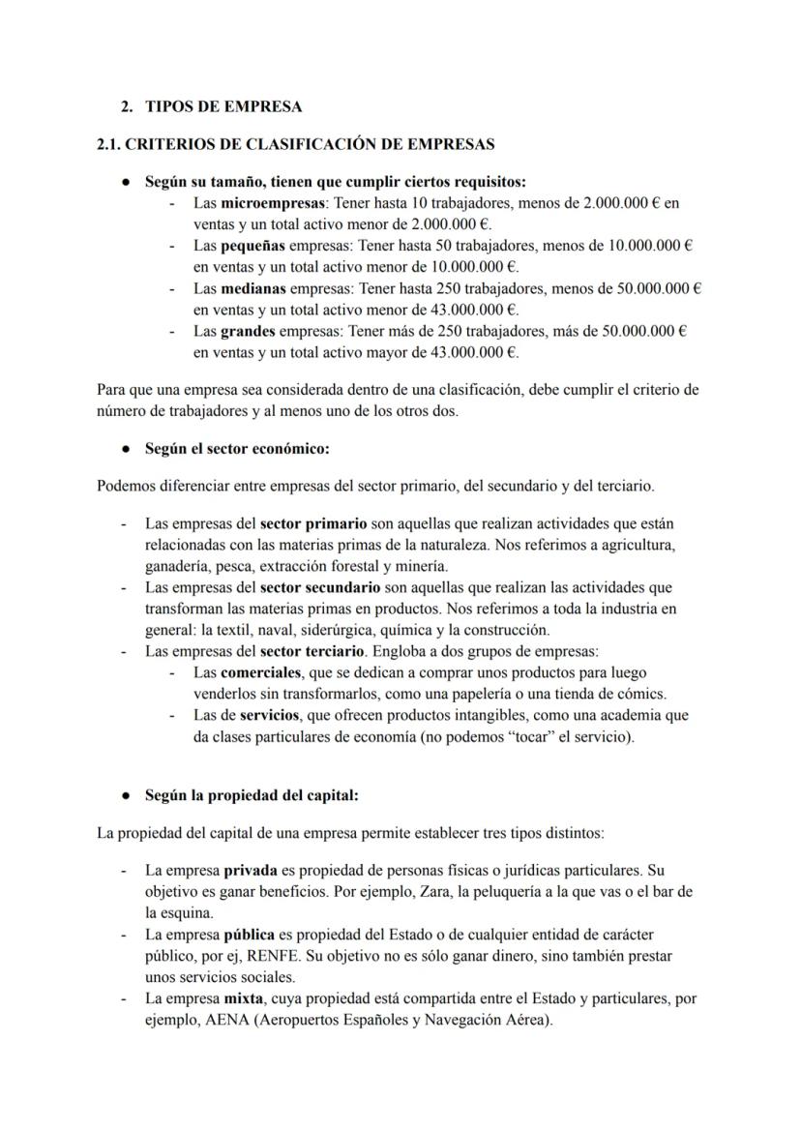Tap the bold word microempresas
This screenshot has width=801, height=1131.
(x=276, y=204)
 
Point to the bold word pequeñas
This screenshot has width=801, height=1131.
(x=253, y=246)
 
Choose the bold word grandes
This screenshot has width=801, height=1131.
(x=250, y=331)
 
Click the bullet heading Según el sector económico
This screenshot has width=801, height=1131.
(x=237, y=449)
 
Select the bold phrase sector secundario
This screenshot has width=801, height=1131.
(x=320, y=587)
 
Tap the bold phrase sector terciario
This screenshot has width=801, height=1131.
(x=310, y=651)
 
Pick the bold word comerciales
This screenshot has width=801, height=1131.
(x=261, y=672)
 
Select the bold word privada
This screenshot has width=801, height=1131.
(x=251, y=871)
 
